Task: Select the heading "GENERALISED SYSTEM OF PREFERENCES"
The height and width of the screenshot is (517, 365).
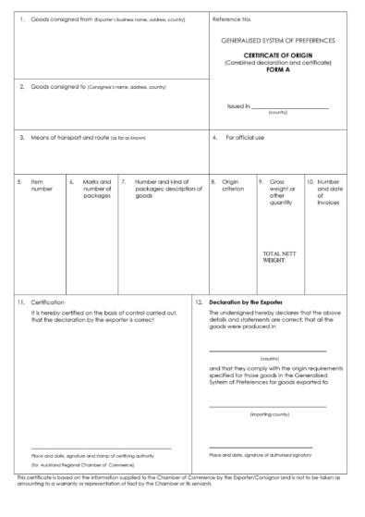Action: click(x=278, y=41)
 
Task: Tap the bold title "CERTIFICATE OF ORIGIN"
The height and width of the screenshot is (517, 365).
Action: click(x=278, y=55)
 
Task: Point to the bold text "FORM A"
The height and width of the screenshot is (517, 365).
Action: click(x=278, y=69)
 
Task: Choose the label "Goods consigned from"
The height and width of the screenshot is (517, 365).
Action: click(x=60, y=18)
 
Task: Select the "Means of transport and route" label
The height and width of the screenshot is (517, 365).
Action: click(x=70, y=138)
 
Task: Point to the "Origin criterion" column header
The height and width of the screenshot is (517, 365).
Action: click(x=231, y=186)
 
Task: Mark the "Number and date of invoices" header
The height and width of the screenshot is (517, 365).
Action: click(x=329, y=191)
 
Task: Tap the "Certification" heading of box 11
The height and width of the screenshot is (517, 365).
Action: click(x=48, y=302)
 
